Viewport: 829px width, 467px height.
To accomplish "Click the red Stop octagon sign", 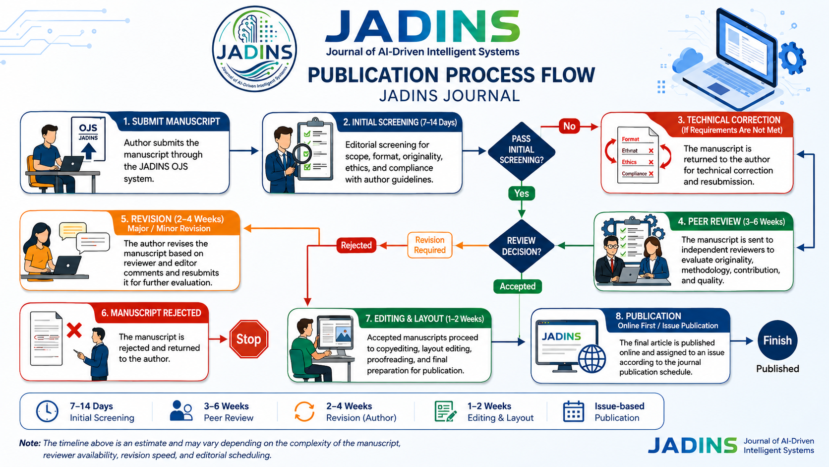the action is tap(248, 339).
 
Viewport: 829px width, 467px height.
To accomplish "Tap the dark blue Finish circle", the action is tap(777, 340).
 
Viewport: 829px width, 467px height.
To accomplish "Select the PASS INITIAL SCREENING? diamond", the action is tap(522, 150).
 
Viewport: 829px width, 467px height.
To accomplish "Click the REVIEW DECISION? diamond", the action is tap(522, 246).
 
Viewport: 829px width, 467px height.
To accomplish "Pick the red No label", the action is tap(569, 126).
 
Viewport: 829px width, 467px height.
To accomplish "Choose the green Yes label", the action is tap(522, 193).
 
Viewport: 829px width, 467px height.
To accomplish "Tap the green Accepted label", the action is tap(518, 286).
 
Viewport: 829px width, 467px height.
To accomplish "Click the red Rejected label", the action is tap(356, 245).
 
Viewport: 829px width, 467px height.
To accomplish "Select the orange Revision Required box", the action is tap(430, 245).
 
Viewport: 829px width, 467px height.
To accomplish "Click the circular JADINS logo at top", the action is tap(254, 49).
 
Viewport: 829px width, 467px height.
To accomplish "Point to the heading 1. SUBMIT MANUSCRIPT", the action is tap(172, 122).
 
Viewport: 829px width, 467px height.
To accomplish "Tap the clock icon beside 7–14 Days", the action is tap(47, 411).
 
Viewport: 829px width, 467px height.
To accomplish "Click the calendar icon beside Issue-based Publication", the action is tap(573, 411).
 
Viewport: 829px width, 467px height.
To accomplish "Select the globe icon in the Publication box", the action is tap(592, 358).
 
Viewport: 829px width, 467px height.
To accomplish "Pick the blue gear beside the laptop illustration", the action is tap(792, 58).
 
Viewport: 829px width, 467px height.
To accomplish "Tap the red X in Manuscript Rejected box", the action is tap(74, 331).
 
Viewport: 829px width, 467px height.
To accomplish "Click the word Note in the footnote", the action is tap(30, 443).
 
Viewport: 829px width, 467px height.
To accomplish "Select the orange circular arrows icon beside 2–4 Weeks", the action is tap(304, 411).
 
